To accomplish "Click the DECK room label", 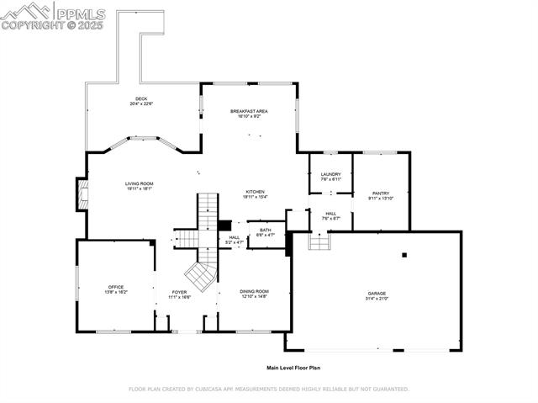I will click(x=140, y=98).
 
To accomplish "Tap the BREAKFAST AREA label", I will click(x=249, y=111).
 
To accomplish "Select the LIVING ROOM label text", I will click(x=139, y=183).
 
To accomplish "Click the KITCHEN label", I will click(x=255, y=192).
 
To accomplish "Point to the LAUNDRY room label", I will click(x=330, y=174).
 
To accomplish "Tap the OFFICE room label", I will click(x=116, y=287).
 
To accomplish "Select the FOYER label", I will click(x=179, y=292).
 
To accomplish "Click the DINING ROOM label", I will click(x=255, y=291).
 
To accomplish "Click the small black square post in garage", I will click(x=403, y=254).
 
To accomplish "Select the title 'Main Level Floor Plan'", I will click(x=293, y=368).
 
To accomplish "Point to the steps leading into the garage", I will click(x=319, y=241).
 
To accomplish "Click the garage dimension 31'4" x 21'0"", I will click(x=376, y=299).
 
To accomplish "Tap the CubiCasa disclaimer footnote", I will click(x=268, y=390).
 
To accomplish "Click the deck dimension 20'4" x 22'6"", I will click(x=140, y=103).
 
